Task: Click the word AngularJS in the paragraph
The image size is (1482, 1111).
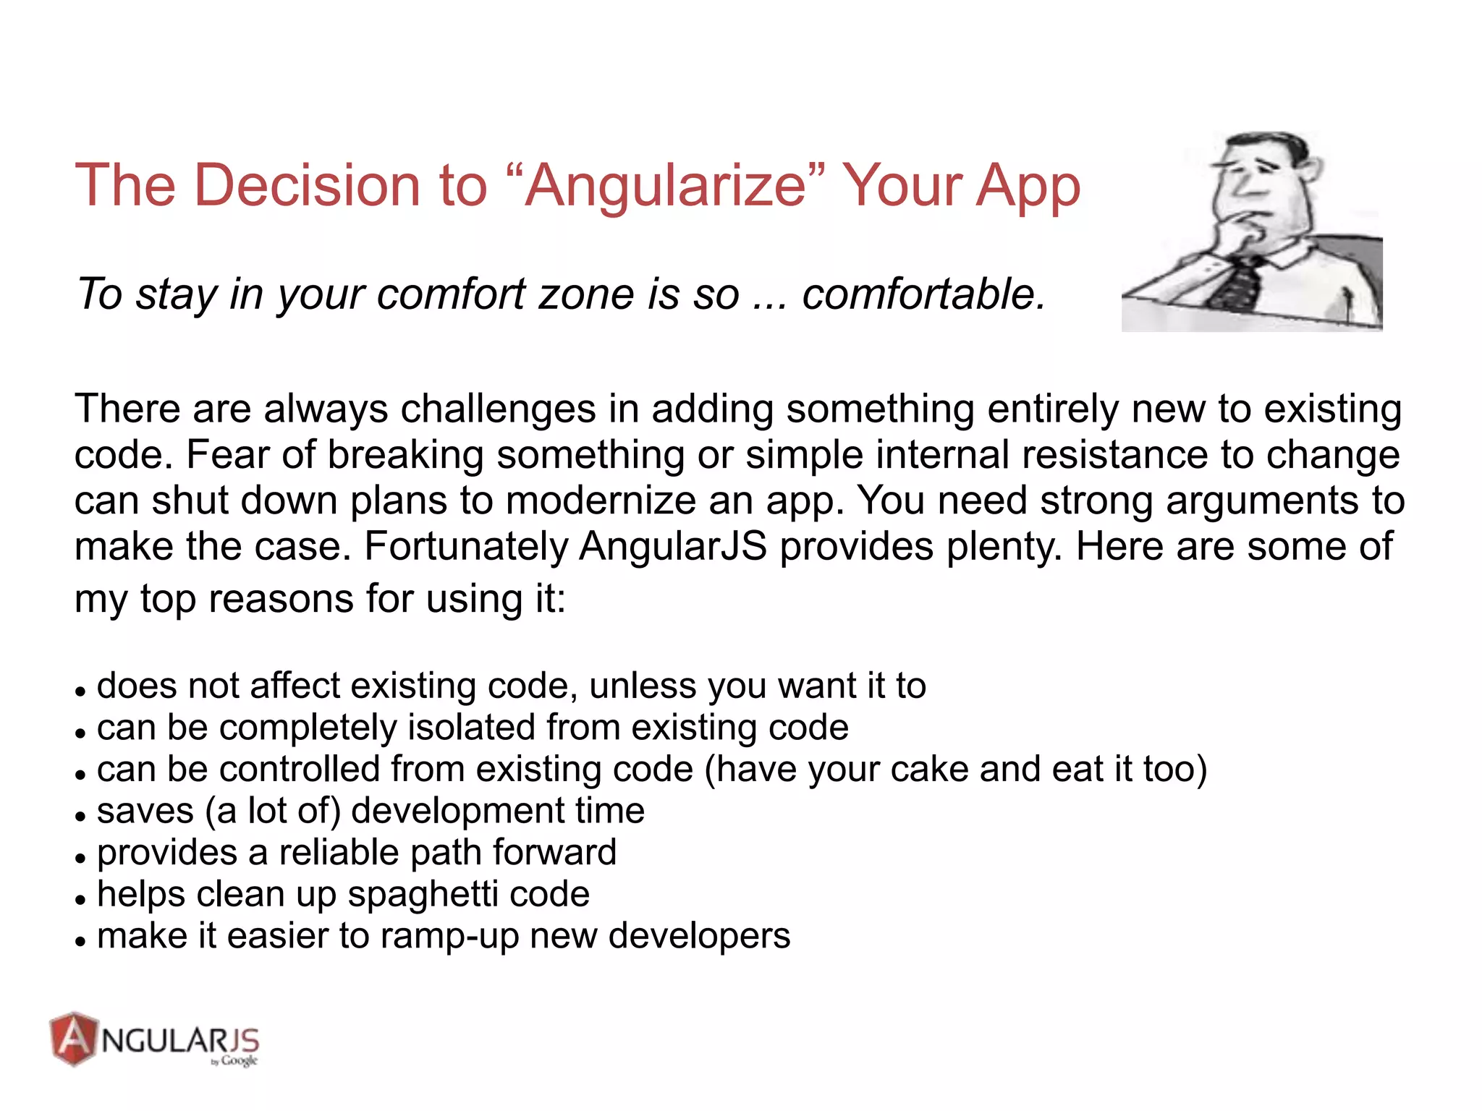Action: click(673, 546)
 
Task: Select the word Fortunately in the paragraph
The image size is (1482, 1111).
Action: click(466, 546)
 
